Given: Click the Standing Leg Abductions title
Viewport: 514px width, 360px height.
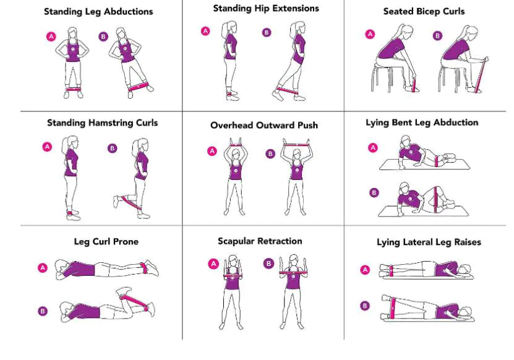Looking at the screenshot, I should (98, 12).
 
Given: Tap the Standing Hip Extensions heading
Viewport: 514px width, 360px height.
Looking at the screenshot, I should (266, 9).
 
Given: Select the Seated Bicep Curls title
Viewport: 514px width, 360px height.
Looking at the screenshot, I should (424, 12).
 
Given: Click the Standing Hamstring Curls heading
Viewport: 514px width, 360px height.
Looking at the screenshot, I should (102, 122).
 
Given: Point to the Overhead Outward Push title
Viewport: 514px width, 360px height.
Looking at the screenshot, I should (264, 125).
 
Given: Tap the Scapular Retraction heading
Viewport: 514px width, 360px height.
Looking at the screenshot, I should (260, 241).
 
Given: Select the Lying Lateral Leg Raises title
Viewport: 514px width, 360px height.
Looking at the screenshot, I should (429, 242).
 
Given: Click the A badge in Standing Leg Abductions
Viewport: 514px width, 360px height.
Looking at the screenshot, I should (51, 36).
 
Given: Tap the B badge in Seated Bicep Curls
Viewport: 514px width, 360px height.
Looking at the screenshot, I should (437, 36).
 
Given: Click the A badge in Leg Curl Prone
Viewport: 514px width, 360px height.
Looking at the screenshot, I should (43, 268).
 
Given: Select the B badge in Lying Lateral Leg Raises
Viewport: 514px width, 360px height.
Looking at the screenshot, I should (365, 306).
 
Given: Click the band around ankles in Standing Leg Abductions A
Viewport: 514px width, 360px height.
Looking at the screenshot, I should (74, 90).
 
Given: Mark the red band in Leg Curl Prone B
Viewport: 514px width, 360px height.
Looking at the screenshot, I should (131, 302).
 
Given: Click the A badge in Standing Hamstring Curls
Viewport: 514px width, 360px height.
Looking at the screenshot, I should (46, 147).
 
